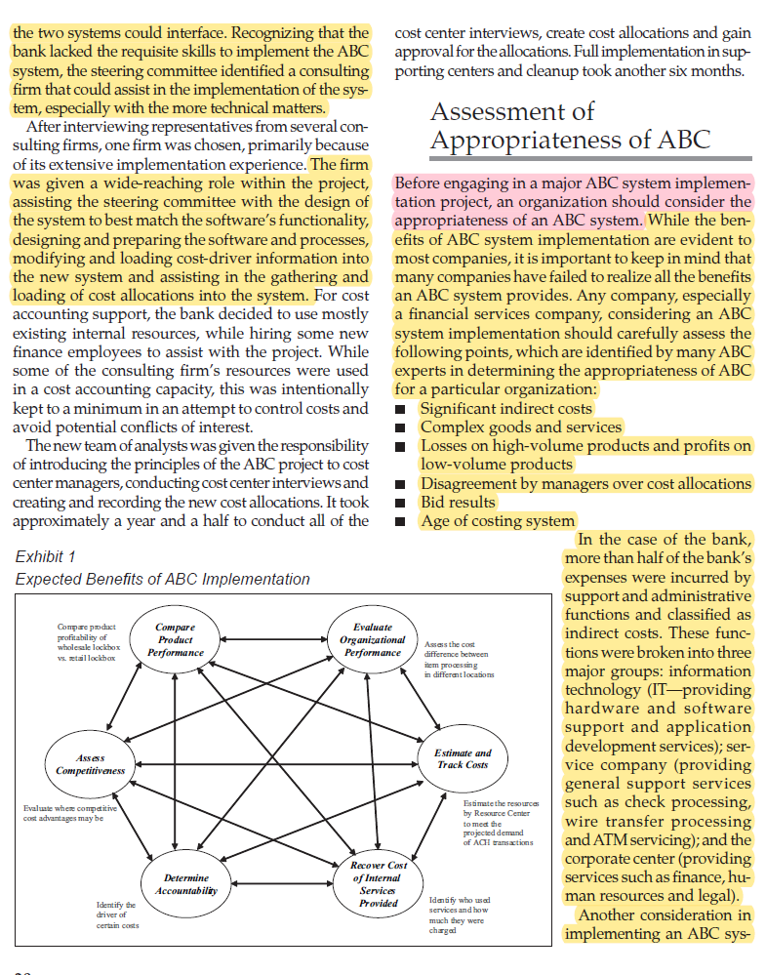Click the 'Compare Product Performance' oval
pos(176,639)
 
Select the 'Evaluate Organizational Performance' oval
pos(373,639)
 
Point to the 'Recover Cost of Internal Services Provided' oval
pos(377,884)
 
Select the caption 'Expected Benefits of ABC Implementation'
pos(163,579)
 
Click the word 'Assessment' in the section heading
pos(512,111)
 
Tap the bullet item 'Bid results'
pos(458,502)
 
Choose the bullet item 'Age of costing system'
pos(498,520)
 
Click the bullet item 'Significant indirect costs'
pos(505,408)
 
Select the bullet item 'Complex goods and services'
pos(520,427)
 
